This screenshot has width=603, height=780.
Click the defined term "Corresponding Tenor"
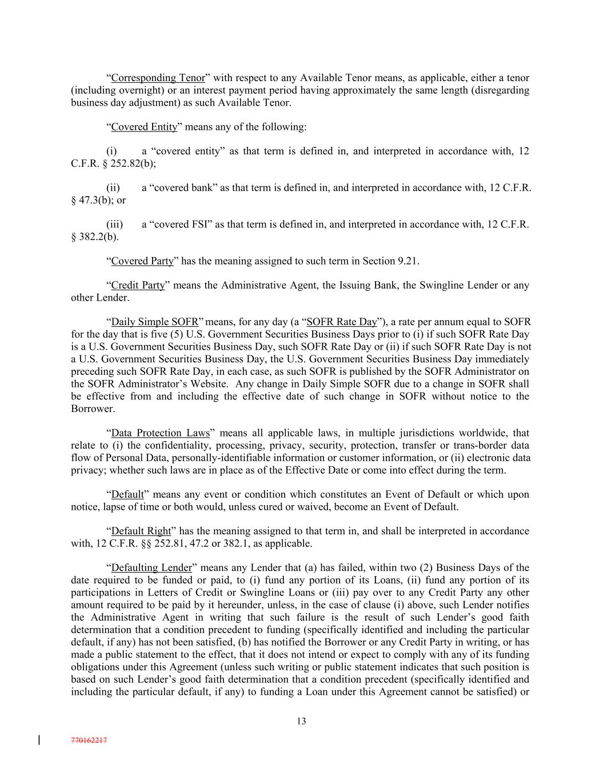[x=158, y=78]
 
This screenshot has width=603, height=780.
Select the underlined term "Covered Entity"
[x=144, y=127]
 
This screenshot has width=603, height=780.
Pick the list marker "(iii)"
[x=115, y=225]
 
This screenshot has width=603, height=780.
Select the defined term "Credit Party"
[x=138, y=285]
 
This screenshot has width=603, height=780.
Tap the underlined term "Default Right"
[x=141, y=531]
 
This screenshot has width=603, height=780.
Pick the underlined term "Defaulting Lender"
[x=151, y=568]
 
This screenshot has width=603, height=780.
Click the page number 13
[x=301, y=721]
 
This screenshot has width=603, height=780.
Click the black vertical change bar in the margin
[x=39, y=741]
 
